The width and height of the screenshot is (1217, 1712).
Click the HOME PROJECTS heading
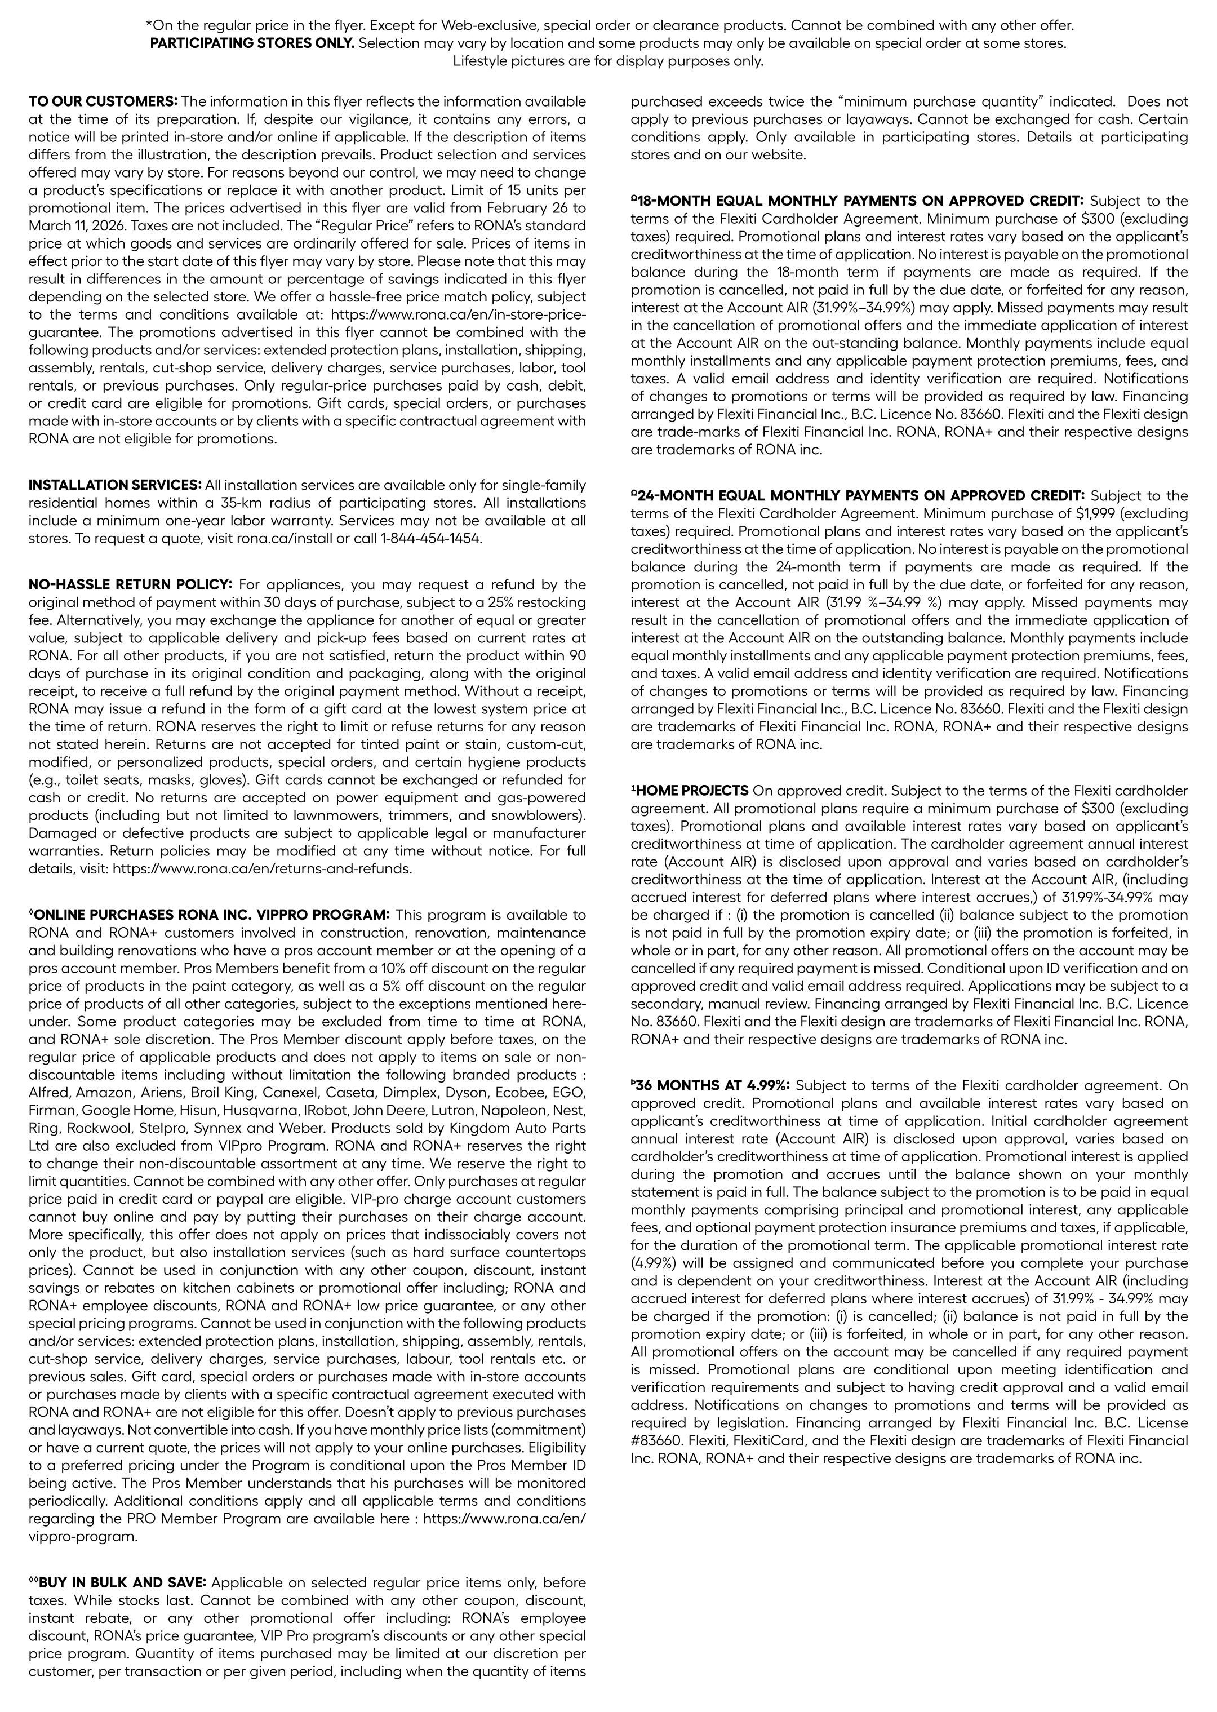pyautogui.click(x=691, y=790)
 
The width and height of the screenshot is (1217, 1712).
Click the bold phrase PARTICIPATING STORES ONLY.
pyautogui.click(x=252, y=43)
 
